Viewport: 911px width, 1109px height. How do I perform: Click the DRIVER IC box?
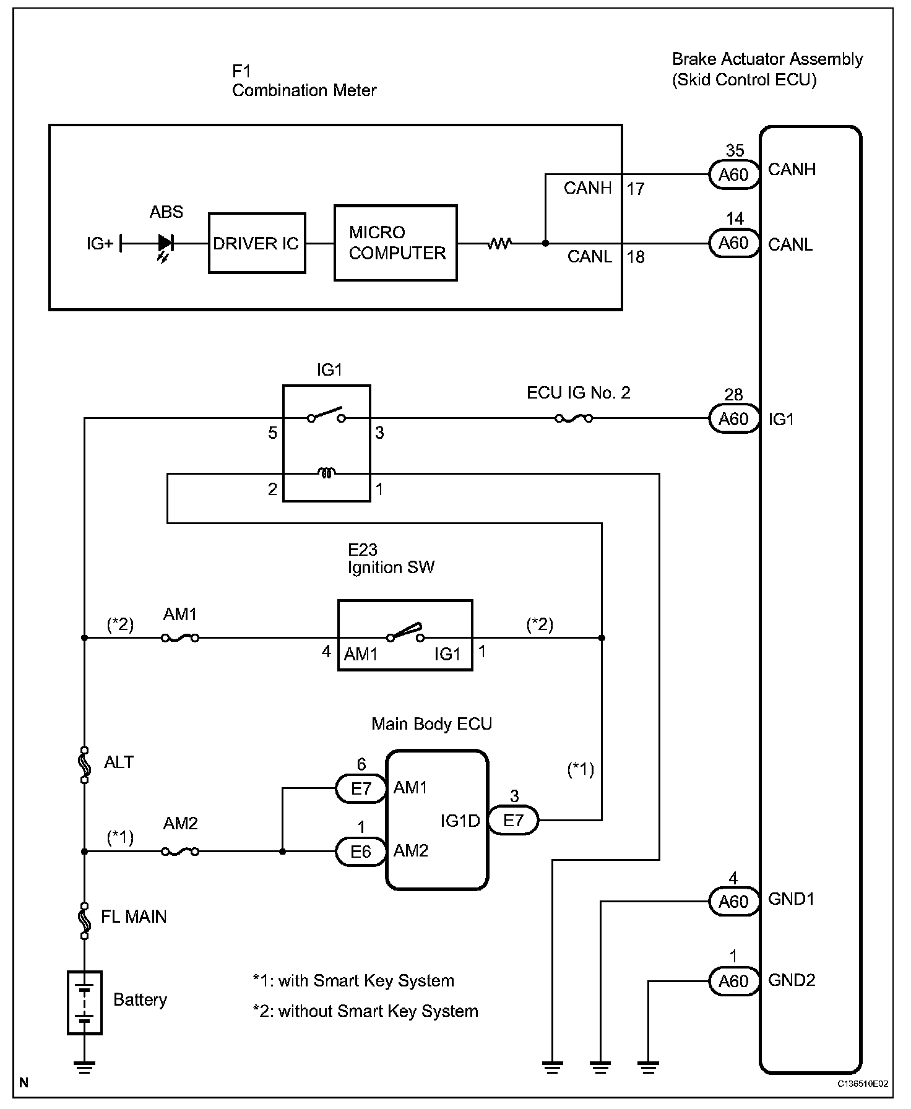click(256, 243)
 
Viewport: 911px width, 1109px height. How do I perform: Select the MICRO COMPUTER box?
click(395, 243)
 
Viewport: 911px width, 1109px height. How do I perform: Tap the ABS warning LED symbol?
click(165, 243)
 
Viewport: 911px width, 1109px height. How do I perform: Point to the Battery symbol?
click(84, 1003)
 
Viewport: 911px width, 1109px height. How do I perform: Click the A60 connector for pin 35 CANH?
click(733, 175)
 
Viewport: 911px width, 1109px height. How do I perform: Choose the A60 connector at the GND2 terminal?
click(733, 982)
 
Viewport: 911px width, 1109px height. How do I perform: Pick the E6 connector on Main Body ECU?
click(361, 852)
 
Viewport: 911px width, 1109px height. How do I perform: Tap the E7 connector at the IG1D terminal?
click(513, 821)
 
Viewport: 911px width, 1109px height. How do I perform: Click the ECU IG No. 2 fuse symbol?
click(574, 419)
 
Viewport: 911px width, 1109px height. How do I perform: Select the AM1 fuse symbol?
click(180, 638)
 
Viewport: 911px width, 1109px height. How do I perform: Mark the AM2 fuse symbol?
click(180, 852)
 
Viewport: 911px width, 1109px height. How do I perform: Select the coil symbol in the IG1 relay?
click(326, 474)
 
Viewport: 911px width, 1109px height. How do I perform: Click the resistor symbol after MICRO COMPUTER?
click(499, 244)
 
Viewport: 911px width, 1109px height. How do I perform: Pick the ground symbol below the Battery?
click(84, 1066)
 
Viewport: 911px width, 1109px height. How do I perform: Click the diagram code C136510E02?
click(863, 1084)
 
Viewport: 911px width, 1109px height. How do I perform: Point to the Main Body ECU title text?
click(431, 724)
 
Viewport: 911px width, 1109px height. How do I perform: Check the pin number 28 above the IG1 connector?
click(733, 395)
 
